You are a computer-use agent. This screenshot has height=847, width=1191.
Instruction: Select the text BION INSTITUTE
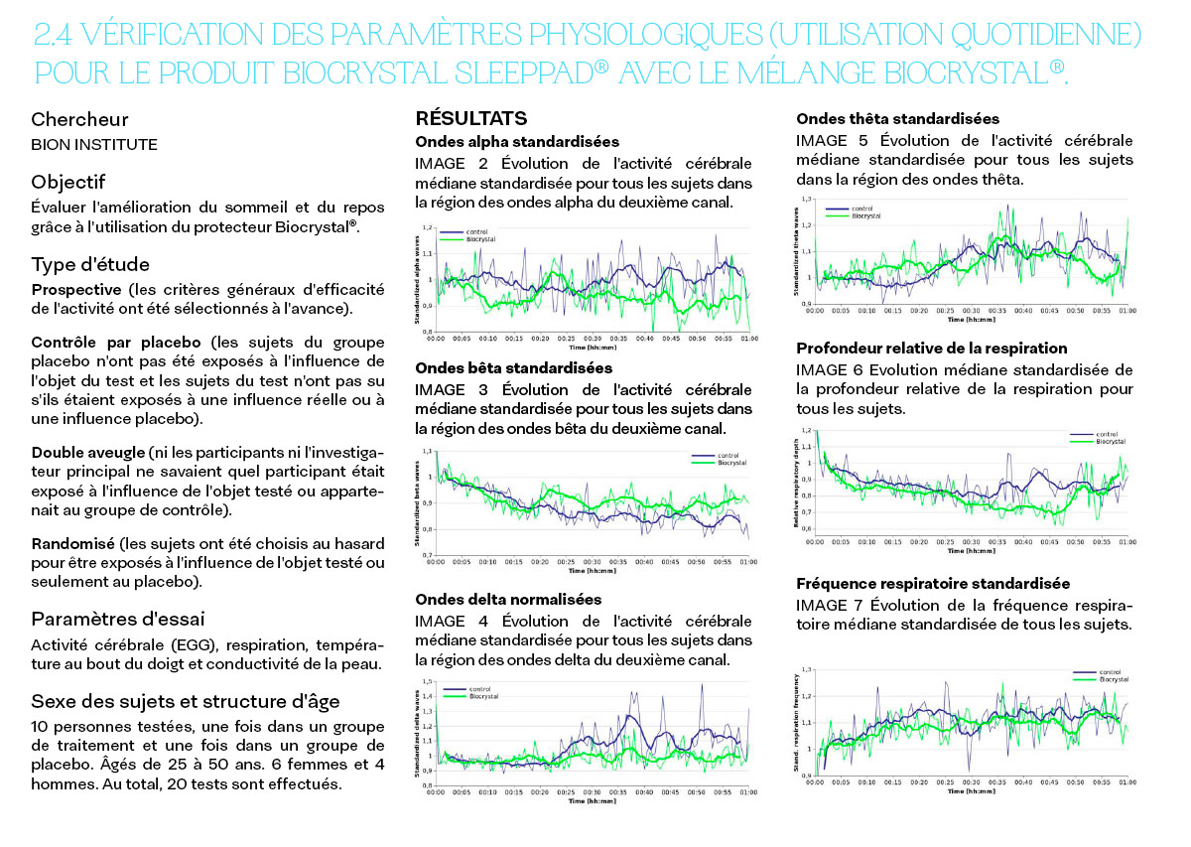tap(94, 145)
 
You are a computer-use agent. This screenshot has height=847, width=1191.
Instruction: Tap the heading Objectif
tap(68, 182)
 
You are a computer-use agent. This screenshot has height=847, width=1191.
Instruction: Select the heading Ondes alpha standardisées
tap(517, 142)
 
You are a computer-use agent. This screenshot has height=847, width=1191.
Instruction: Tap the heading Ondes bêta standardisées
tap(513, 368)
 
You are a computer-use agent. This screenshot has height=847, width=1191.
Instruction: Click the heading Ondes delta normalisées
tap(508, 599)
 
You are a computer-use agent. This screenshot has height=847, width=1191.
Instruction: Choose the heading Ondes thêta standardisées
tap(897, 118)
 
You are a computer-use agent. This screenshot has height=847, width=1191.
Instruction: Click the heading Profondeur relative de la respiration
tap(932, 348)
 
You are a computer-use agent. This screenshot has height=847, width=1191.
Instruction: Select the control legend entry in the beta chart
tap(728, 456)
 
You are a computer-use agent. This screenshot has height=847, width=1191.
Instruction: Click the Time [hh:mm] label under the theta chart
tap(971, 319)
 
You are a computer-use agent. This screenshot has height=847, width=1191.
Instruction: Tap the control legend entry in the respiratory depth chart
tap(1106, 435)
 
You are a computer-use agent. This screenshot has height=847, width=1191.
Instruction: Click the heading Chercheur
tap(79, 119)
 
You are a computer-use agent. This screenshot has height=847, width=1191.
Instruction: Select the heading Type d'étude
tap(90, 264)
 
